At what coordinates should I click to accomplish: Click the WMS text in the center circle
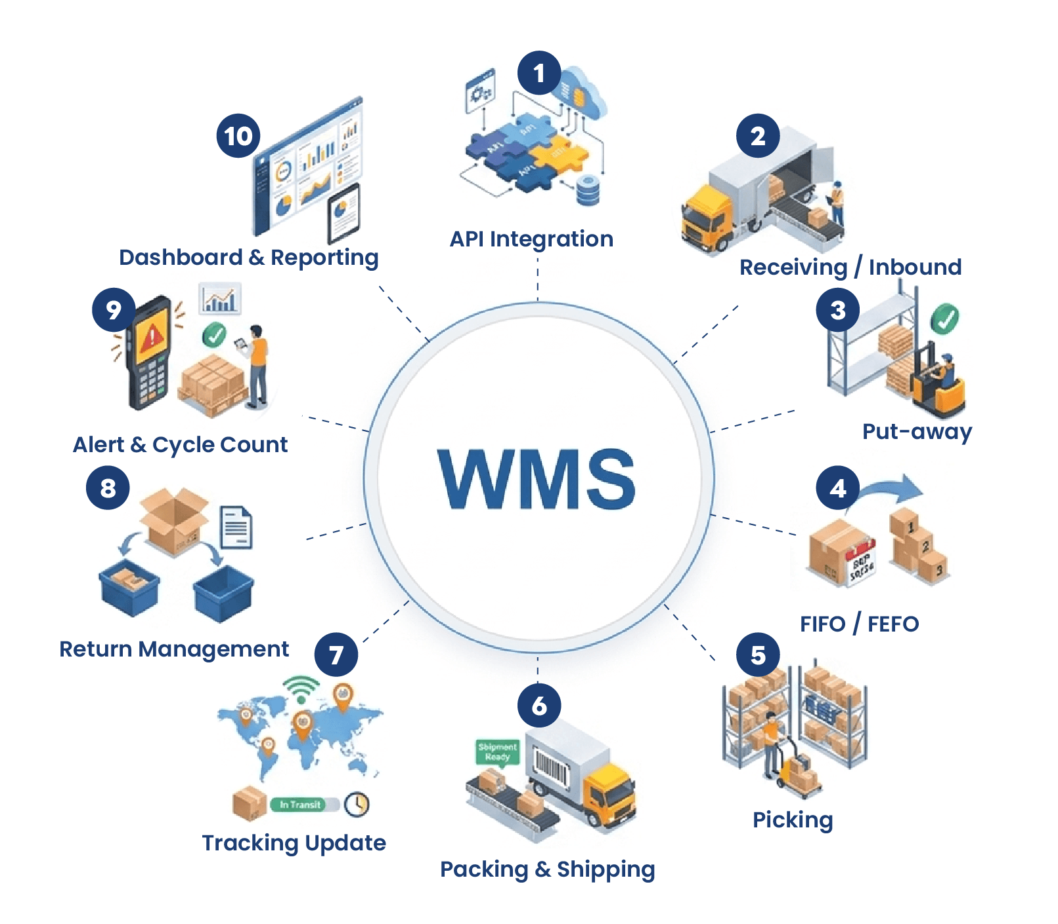click(x=537, y=479)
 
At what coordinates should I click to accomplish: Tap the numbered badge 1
click(x=539, y=73)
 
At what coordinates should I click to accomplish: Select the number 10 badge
click(x=238, y=136)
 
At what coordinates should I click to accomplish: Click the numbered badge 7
click(x=336, y=655)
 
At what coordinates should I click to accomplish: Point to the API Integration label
click(x=531, y=239)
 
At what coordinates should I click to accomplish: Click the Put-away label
click(x=917, y=432)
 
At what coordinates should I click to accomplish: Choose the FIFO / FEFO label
click(x=859, y=624)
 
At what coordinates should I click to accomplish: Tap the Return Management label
click(x=174, y=649)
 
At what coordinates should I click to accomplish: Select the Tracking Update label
click(x=294, y=843)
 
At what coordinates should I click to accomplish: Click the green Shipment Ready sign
click(x=497, y=752)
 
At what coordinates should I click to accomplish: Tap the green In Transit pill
click(x=299, y=804)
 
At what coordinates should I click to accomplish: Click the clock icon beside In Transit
click(x=357, y=804)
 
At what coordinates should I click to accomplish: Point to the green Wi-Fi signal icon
click(x=301, y=689)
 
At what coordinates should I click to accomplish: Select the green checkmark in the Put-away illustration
click(x=944, y=319)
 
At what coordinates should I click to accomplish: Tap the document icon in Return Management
click(x=236, y=527)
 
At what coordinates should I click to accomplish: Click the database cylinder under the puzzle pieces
click(x=587, y=191)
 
